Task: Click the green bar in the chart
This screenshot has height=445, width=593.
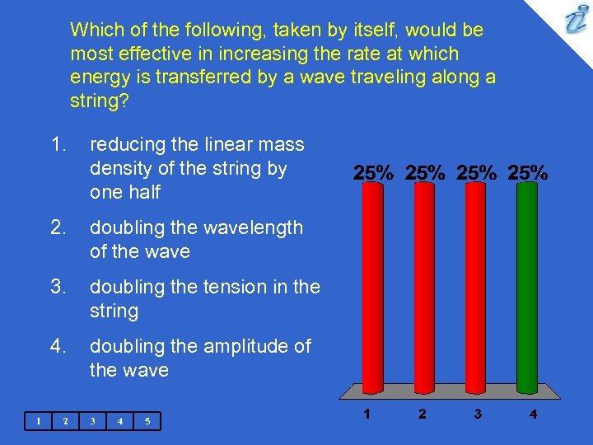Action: [527, 284]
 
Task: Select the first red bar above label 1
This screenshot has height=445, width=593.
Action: [371, 284]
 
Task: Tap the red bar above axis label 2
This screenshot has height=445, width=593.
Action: [423, 284]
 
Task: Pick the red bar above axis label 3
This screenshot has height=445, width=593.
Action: [475, 284]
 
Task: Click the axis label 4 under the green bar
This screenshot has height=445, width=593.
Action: [533, 415]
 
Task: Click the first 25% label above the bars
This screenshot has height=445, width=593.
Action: [372, 173]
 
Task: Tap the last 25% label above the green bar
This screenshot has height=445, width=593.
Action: [528, 173]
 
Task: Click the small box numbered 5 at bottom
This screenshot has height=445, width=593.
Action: [147, 422]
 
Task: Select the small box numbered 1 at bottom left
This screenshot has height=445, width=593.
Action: [37, 422]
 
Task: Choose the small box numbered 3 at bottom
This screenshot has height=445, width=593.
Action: [92, 422]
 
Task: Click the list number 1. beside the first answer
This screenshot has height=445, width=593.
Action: [58, 145]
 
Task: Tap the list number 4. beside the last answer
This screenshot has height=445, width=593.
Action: [58, 346]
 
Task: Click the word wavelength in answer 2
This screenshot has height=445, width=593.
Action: [254, 227]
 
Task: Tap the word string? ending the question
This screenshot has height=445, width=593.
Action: [96, 101]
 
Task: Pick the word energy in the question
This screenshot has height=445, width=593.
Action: [99, 77]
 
